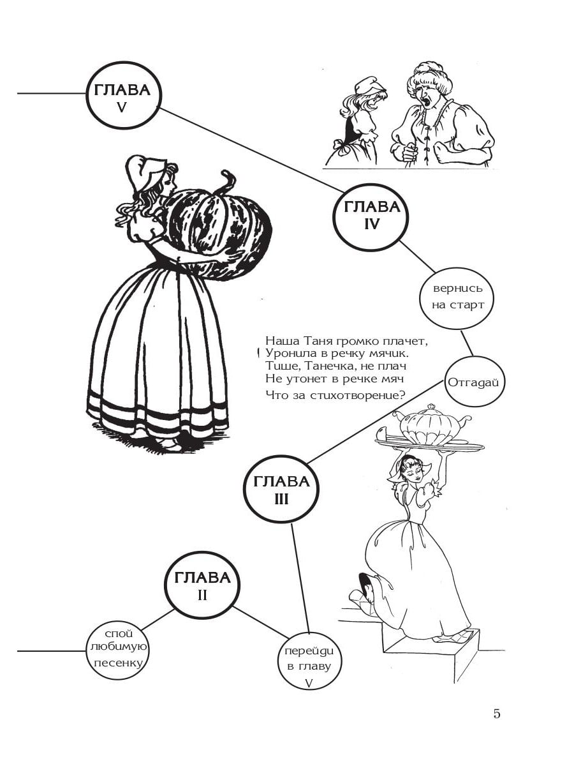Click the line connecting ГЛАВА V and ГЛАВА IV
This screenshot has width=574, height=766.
click(251, 151)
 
